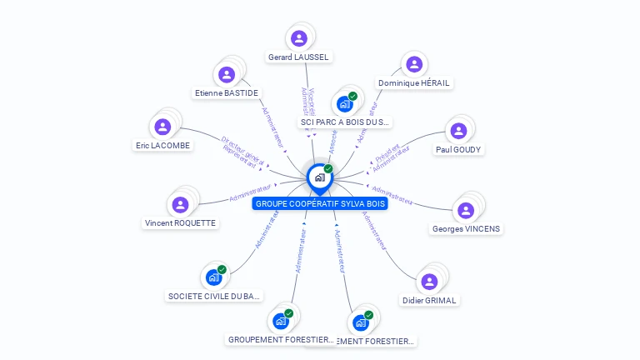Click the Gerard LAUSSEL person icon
299,38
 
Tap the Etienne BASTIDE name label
226,92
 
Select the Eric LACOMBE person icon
162,127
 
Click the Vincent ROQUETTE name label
180,222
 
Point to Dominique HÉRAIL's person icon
413,65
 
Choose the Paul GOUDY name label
458,149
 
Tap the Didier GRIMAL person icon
429,282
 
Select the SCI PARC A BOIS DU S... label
345,122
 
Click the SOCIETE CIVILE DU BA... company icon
214,277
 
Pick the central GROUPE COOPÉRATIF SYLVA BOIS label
320,203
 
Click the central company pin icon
319,177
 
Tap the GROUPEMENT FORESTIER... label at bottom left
282,339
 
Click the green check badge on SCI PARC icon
352,97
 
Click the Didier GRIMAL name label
430,300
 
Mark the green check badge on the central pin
328,169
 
